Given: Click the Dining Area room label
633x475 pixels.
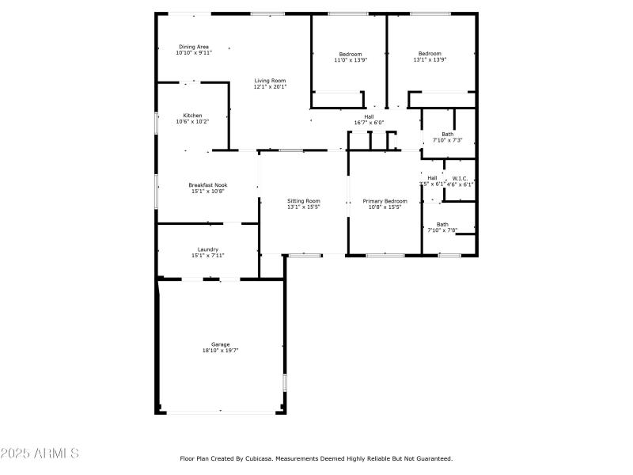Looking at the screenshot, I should coord(193,47).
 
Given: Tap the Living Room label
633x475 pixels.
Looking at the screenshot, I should coord(270,80).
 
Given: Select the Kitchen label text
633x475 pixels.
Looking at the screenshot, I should coord(192,115).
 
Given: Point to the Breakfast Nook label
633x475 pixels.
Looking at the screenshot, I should coord(207,184).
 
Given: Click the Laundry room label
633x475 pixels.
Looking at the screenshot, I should coord(207,249).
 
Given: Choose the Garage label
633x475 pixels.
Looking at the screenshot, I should coord(220,344).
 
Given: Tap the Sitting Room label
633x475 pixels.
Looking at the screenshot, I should coord(303,201).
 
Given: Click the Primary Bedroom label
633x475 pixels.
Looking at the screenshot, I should coord(385,201).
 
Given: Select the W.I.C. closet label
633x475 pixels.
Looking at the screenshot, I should coord(460,178).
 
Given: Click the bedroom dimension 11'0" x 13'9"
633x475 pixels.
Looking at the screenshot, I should coord(351,60).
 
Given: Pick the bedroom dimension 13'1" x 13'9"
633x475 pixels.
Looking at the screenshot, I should coord(430,60).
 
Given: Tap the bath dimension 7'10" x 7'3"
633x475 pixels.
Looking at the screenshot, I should coord(448,140).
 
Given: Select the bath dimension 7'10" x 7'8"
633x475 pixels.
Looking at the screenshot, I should coord(442,230).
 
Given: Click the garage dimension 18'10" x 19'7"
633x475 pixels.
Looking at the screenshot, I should coord(220,350).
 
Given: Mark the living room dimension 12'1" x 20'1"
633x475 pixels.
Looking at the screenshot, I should coord(270,86).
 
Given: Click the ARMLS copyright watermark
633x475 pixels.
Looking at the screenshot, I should coord(40,454).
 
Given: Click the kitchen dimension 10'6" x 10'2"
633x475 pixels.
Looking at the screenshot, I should coord(192,121).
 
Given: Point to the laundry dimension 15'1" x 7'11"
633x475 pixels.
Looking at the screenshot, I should coord(207,255).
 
